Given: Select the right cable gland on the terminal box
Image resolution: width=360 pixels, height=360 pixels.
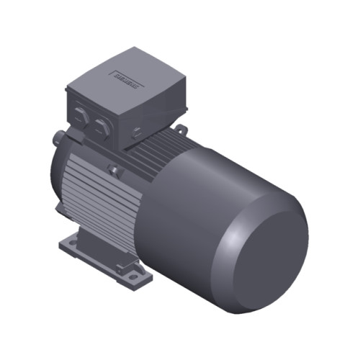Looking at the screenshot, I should click(101, 127).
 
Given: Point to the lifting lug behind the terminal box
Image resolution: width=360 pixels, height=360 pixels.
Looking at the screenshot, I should click(180, 130).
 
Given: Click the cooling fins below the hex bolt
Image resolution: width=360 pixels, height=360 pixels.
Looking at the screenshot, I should click(101, 205).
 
